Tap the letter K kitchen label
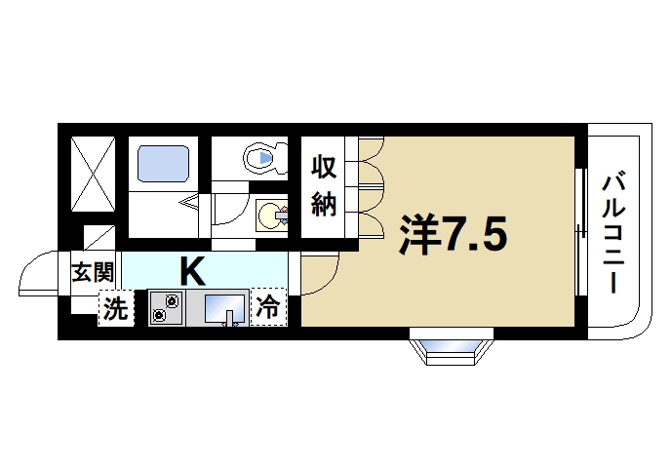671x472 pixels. (190, 267)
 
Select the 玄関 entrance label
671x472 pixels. (93, 272)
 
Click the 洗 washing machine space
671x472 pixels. (116, 310)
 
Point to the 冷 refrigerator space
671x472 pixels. (267, 309)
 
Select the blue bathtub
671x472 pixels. (162, 163)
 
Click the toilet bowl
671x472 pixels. (262, 156)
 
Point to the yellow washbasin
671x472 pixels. (270, 215)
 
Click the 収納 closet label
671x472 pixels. (325, 185)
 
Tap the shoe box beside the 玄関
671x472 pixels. (99, 237)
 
